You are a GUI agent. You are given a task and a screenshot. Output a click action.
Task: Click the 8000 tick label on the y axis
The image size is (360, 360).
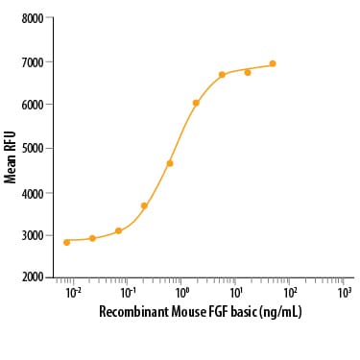click(x=32, y=18)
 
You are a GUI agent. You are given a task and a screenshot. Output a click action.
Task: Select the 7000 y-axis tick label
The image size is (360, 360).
click(x=32, y=61)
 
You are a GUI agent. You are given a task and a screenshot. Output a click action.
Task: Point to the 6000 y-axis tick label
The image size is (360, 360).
click(x=32, y=105)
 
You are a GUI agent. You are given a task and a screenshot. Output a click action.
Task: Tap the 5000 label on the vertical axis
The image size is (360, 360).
click(x=32, y=148)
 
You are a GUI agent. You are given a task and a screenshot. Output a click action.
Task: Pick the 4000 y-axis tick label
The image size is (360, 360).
click(x=32, y=192)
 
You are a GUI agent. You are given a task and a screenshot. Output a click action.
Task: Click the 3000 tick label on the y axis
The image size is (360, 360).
click(x=32, y=235)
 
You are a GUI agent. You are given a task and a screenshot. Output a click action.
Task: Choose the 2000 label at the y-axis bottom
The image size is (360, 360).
click(x=32, y=277)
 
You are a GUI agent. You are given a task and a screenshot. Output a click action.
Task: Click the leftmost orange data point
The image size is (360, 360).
click(x=66, y=242)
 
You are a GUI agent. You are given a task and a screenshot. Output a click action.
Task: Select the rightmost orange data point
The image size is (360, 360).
click(x=273, y=63)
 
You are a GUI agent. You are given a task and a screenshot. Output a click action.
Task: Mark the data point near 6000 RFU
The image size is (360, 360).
click(x=196, y=103)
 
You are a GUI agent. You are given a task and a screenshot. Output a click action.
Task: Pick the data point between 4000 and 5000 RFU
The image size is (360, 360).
click(x=170, y=163)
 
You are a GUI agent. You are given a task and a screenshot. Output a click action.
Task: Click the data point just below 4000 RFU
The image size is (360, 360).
click(x=144, y=205)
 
